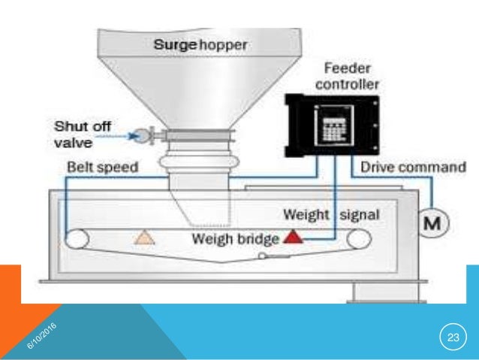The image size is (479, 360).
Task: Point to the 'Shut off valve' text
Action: pyautogui.click(x=76, y=132)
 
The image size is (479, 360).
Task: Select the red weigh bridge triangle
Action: pyautogui.click(x=293, y=238)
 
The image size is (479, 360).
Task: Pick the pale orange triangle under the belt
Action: pyautogui.click(x=142, y=238)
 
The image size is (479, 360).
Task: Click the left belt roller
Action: pyautogui.click(x=76, y=240)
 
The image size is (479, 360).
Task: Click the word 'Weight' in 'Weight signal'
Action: pyautogui.click(x=306, y=214)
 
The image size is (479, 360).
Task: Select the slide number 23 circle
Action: pyautogui.click(x=452, y=335)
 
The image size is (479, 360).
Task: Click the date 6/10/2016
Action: pyautogui.click(x=42, y=334)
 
